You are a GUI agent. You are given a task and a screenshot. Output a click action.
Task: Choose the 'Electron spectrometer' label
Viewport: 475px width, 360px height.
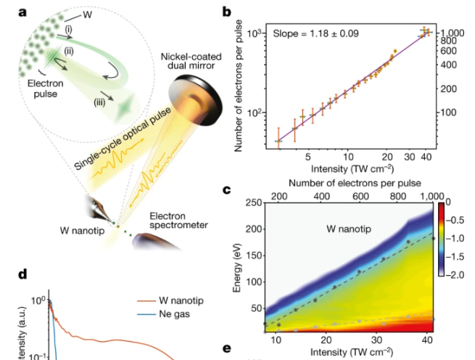(x=178, y=220)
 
